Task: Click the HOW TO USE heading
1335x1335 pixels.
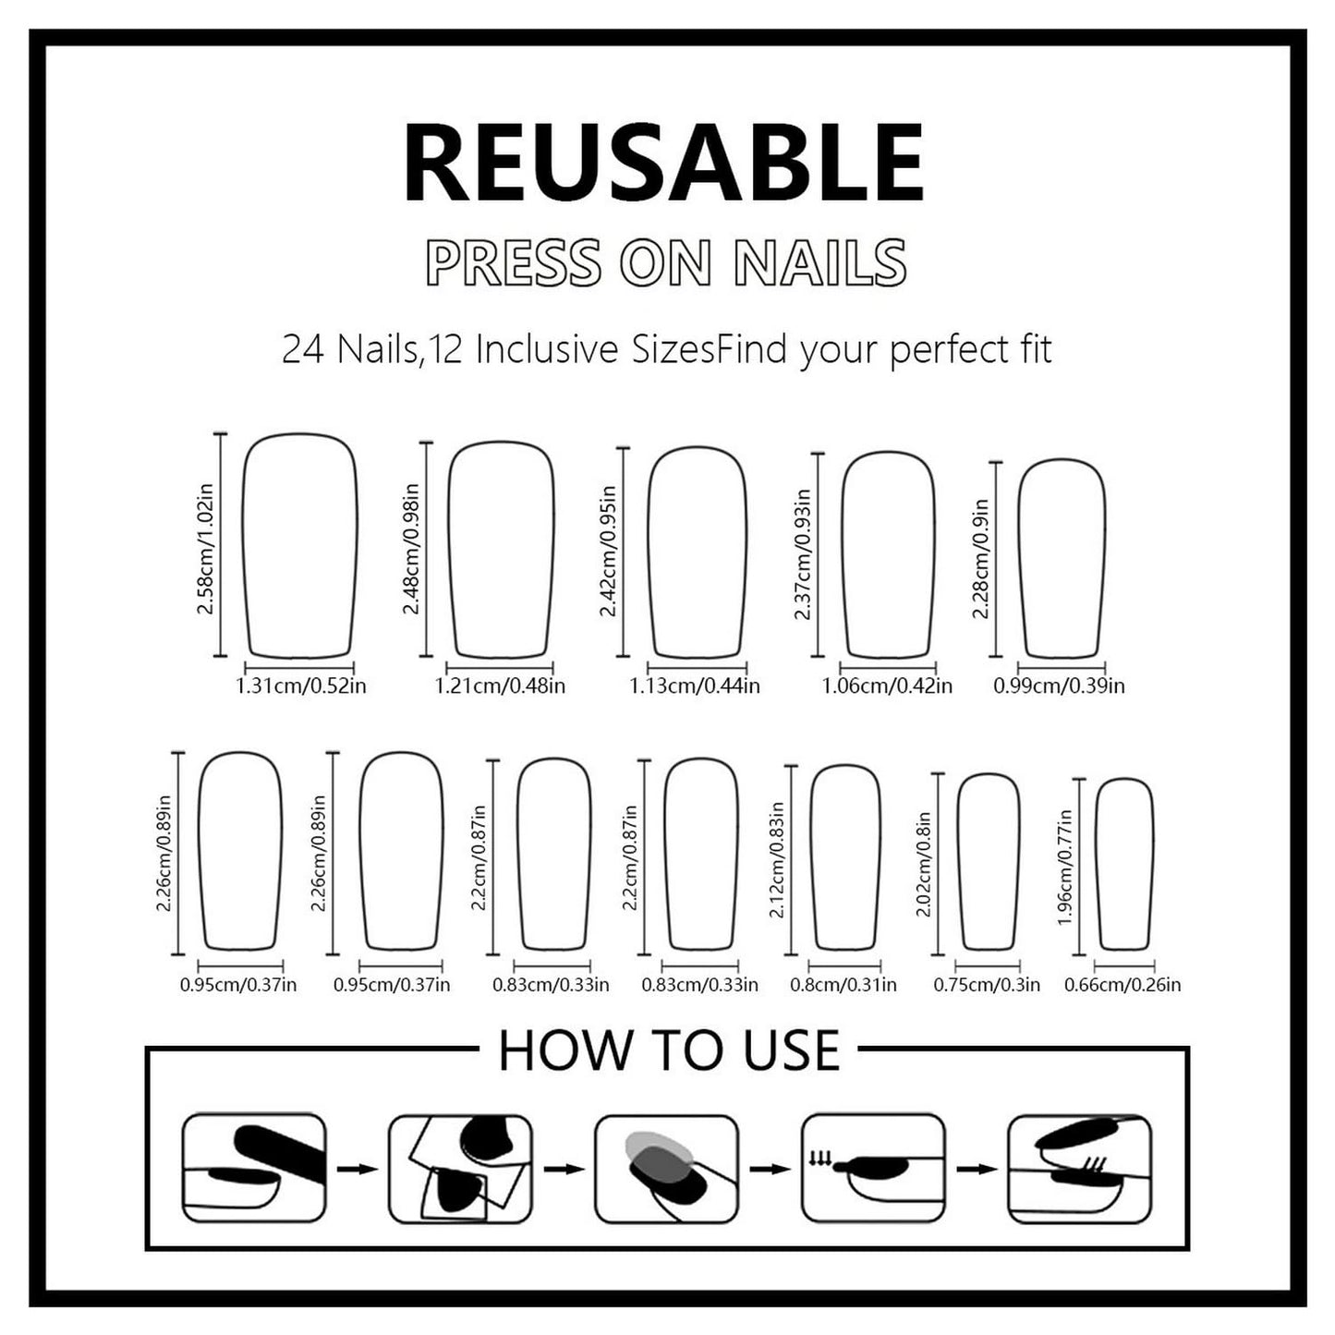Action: pyautogui.click(x=669, y=1051)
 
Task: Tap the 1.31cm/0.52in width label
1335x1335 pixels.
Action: pyautogui.click(x=300, y=686)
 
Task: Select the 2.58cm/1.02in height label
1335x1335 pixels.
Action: pyautogui.click(x=206, y=549)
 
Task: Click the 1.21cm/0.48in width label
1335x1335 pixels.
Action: pyautogui.click(x=500, y=686)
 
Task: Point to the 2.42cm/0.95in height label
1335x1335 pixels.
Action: pyautogui.click(x=608, y=551)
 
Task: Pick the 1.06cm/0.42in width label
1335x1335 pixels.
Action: pyautogui.click(x=887, y=686)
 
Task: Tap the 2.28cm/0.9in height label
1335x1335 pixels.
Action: pyautogui.click(x=979, y=558)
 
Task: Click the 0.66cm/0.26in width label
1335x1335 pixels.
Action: pyautogui.click(x=1123, y=985)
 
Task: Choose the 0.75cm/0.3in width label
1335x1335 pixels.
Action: pyautogui.click(x=987, y=985)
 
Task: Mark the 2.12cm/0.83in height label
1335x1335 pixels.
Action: pyautogui.click(x=777, y=860)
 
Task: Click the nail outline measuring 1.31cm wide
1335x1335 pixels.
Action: pyautogui.click(x=243, y=547)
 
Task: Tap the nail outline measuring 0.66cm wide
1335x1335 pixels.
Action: pyautogui.click(x=1097, y=866)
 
